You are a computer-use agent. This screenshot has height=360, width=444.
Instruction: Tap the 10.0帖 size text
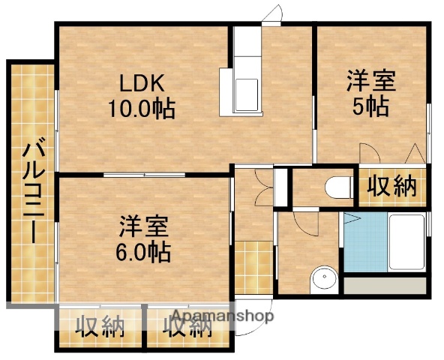point(142,109)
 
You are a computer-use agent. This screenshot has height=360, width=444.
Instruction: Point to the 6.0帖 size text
point(143,251)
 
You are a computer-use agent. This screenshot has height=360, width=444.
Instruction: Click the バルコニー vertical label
point(32,190)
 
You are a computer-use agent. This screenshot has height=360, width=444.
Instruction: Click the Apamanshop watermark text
point(223,315)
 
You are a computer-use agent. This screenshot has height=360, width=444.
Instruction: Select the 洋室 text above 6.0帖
point(143,226)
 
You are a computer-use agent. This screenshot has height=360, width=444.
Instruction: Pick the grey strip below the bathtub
point(385,287)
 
